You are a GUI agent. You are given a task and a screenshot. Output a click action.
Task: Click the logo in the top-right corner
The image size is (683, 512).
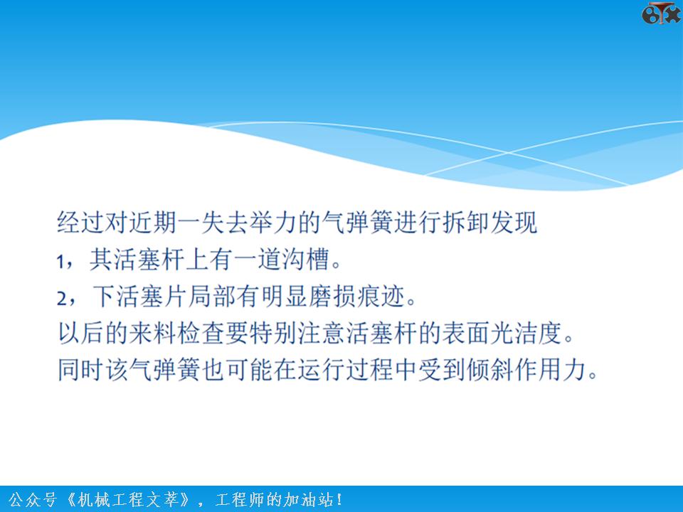(x=661, y=14)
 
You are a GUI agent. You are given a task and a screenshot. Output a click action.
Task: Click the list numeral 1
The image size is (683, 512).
(x=62, y=261)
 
